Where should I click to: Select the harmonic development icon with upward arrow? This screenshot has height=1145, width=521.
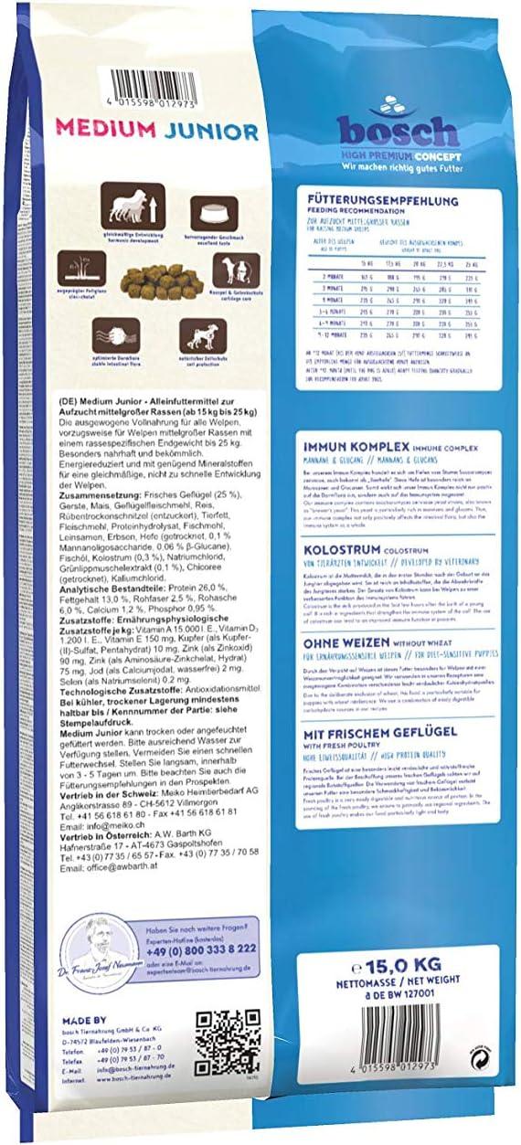[118, 200]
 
